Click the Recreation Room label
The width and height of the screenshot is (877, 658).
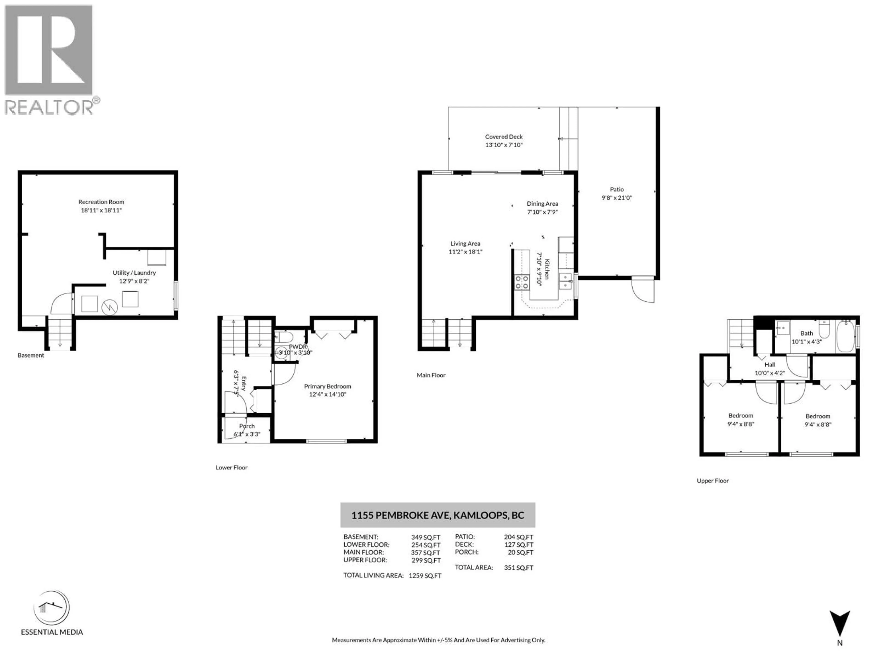[101, 202]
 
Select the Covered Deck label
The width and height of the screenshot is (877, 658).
[504, 136]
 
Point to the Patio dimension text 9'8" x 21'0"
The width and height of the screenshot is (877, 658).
[616, 198]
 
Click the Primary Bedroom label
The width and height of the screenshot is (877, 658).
[328, 386]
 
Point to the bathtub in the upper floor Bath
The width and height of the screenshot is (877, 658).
[846, 336]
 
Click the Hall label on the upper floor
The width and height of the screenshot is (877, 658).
[770, 364]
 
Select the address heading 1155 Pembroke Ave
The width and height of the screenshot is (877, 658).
[438, 515]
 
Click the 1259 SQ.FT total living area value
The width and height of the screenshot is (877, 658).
[425, 576]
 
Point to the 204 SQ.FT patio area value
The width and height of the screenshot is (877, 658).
[518, 537]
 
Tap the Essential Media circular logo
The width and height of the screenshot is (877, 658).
[52, 608]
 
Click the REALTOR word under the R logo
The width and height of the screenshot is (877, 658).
[49, 107]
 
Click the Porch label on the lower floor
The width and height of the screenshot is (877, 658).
[247, 426]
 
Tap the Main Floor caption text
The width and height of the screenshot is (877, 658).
[431, 375]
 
